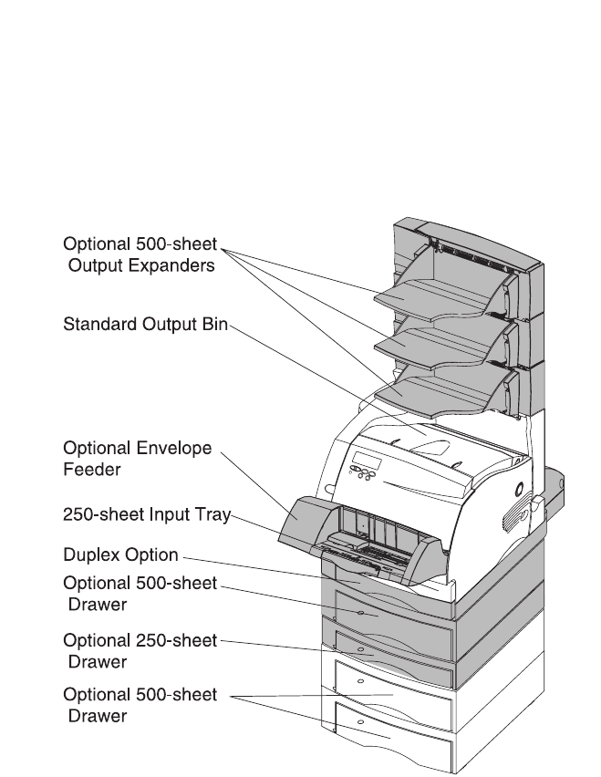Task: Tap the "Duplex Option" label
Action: click(x=120, y=554)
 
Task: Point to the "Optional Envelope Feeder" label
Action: click(x=137, y=459)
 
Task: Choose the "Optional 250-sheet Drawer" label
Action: click(x=140, y=650)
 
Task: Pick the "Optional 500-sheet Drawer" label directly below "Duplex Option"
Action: click(x=140, y=591)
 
